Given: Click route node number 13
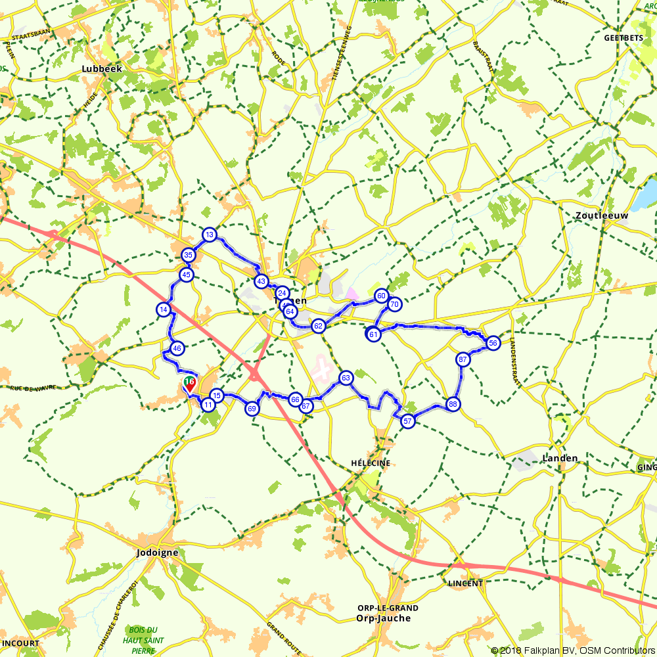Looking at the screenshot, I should (209, 235).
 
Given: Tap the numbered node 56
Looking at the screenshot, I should (493, 342).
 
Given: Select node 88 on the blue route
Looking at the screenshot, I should (452, 404).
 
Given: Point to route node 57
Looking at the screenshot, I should (407, 421).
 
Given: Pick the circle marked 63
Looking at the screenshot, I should (346, 378).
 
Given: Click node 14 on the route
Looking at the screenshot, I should (164, 309).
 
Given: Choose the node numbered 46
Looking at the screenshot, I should (176, 348).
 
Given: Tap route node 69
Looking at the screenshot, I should (252, 409).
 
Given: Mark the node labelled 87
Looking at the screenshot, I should (463, 359).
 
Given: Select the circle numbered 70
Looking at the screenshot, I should (394, 304).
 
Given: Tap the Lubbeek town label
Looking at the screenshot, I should (102, 68).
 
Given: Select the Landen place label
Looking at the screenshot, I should (560, 458).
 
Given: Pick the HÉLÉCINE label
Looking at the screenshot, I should (372, 463).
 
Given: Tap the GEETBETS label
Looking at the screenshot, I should (623, 38).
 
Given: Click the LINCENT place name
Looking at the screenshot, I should (465, 583).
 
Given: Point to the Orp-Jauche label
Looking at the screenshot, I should (383, 618).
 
